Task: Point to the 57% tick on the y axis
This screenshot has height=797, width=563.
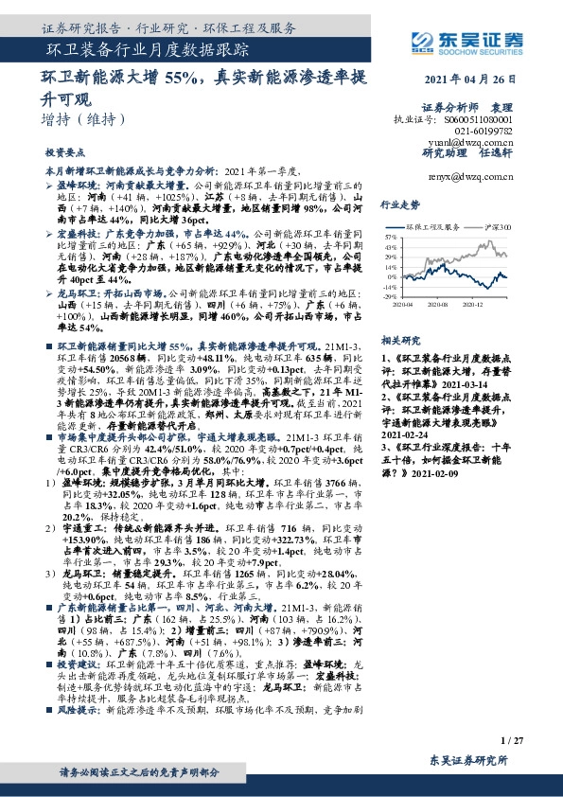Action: click(x=391, y=233)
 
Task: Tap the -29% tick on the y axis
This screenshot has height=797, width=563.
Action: click(x=390, y=296)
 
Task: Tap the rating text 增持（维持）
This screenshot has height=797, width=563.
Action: click(x=83, y=120)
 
